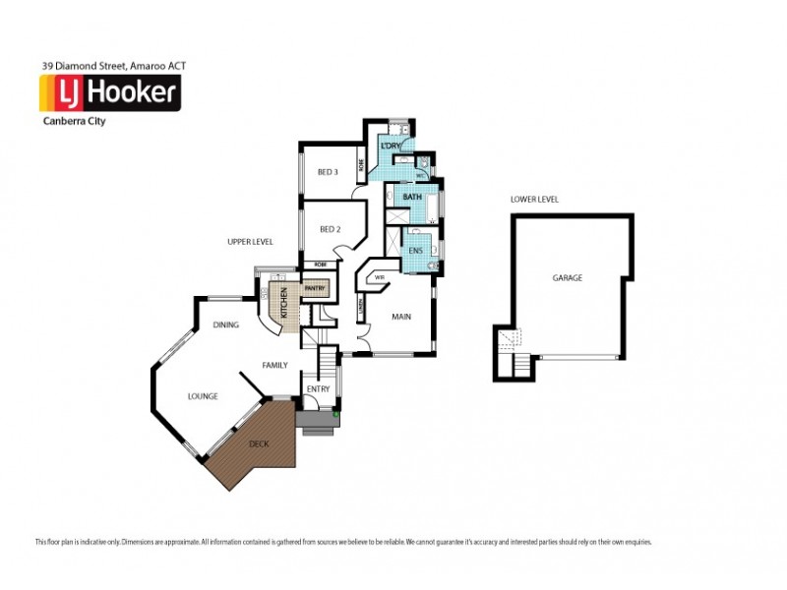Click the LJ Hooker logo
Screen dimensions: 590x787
tap(108, 93)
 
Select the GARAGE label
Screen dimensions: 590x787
tap(567, 278)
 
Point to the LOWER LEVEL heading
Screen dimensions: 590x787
tap(534, 200)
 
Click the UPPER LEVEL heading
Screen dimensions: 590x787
tap(249, 242)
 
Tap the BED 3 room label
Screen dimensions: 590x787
tap(328, 172)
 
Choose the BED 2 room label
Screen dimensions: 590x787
tap(330, 229)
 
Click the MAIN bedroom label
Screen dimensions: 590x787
tap(400, 317)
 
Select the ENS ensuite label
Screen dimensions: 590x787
tap(414, 251)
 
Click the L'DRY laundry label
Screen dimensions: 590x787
tap(391, 147)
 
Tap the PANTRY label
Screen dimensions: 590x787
tap(315, 289)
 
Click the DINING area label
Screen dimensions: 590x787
tap(226, 324)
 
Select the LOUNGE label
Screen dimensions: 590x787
tap(203, 396)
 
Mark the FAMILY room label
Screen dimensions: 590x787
tap(274, 365)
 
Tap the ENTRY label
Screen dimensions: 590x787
tap(318, 389)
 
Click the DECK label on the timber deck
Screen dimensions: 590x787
tap(258, 444)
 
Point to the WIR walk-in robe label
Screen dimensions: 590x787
tap(379, 277)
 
